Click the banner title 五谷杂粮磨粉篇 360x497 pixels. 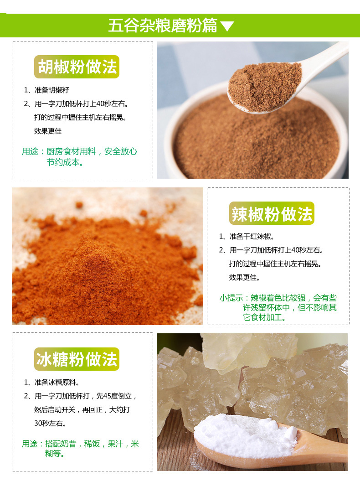pos(163,26)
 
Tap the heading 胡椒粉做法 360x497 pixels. pos(77,67)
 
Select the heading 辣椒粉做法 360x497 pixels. pos(272,214)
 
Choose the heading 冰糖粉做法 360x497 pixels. pos(77,359)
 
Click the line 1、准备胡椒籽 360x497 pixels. pos(46,90)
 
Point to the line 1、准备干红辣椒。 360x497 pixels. pos(247,237)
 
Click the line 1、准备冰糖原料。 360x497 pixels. pos(51,383)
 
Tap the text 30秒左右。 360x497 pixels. pos(50,424)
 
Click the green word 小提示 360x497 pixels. pos(231,298)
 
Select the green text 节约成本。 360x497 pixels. pos(65,162)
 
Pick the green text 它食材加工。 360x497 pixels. pos(265,317)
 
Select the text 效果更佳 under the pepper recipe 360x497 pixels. pos(48,131)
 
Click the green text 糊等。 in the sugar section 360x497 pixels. pos(55,454)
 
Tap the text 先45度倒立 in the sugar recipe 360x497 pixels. pos(114,396)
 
